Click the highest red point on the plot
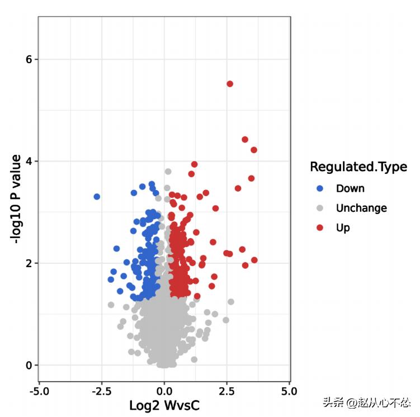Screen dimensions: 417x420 click(230, 84)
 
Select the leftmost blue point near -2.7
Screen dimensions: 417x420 click(97, 197)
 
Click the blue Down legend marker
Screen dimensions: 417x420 click(320, 188)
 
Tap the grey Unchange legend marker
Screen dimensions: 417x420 click(320, 208)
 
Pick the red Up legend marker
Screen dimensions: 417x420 click(320, 228)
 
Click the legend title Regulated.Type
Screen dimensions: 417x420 click(358, 167)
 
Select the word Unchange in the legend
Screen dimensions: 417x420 click(361, 208)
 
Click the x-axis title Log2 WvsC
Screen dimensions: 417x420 click(164, 405)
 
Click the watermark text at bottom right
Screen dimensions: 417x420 click(366, 403)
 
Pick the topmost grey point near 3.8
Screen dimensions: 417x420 click(168, 172)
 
